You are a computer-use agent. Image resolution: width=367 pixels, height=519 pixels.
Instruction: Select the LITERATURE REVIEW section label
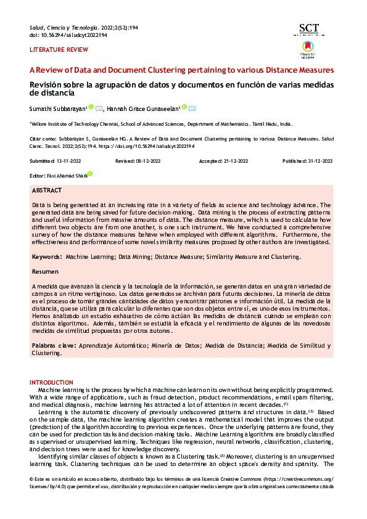pyautogui.click(x=51, y=49)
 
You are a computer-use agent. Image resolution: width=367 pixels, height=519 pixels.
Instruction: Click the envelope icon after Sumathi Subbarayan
pyautogui.click(x=99, y=108)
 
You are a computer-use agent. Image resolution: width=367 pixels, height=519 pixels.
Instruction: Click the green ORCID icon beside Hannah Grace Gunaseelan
pyautogui.click(x=184, y=108)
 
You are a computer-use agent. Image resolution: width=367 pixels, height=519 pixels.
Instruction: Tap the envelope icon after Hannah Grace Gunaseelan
pyautogui.click(x=192, y=108)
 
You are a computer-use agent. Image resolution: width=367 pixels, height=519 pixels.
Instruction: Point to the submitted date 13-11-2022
pyautogui.click(x=70, y=161)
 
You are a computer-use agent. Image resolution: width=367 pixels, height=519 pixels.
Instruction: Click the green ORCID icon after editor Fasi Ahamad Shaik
pyautogui.click(x=89, y=174)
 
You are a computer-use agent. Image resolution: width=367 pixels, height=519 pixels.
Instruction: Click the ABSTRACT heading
pyautogui.click(x=46, y=192)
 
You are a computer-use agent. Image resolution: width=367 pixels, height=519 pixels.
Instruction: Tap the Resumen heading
pyautogui.click(x=45, y=271)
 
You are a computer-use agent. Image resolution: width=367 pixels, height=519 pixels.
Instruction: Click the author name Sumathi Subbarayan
pyautogui.click(x=58, y=109)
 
